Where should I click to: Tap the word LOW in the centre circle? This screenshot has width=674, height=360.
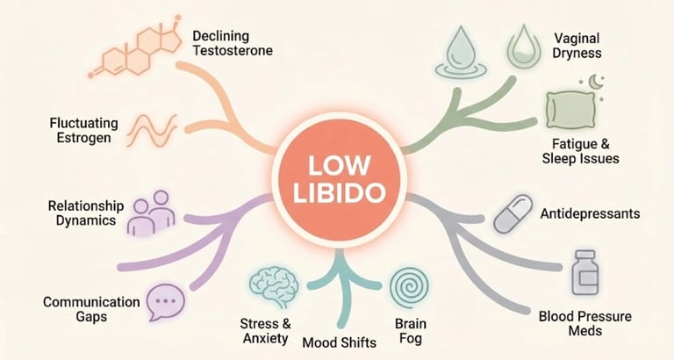(x=337, y=166)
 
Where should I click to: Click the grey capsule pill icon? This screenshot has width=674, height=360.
(x=513, y=214)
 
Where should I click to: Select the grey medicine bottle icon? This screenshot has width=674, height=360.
(x=584, y=273)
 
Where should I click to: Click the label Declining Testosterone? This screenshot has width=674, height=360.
(x=233, y=43)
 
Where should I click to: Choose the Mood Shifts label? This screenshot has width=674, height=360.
(x=338, y=342)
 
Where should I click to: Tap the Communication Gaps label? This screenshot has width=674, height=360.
(x=91, y=310)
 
